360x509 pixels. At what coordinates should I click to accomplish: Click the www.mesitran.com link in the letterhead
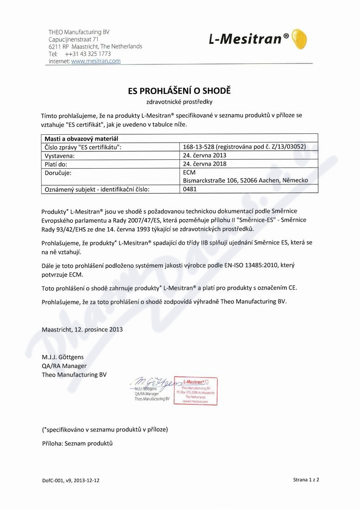click(x=96, y=61)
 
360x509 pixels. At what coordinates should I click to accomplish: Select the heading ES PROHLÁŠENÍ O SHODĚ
click(x=179, y=91)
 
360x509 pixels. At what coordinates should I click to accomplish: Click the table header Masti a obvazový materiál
click(x=82, y=138)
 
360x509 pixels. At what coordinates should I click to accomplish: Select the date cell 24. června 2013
click(x=205, y=155)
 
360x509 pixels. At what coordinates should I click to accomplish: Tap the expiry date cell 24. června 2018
click(x=205, y=163)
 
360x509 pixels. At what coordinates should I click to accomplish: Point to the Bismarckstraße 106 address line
click(x=246, y=180)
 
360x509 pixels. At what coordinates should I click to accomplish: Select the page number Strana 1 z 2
click(x=306, y=479)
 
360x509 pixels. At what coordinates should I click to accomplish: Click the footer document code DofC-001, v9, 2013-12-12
click(x=70, y=480)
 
